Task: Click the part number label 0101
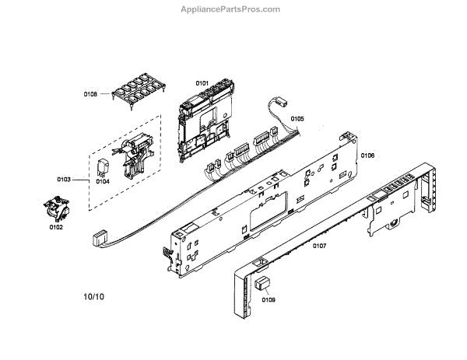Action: tap(202, 82)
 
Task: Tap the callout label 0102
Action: tap(56, 228)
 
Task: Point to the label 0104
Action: tap(102, 181)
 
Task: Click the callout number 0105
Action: tap(297, 119)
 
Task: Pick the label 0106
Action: tap(367, 156)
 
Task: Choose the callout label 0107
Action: tap(319, 246)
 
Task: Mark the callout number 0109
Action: tap(269, 299)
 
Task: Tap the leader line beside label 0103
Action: tap(80, 179)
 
